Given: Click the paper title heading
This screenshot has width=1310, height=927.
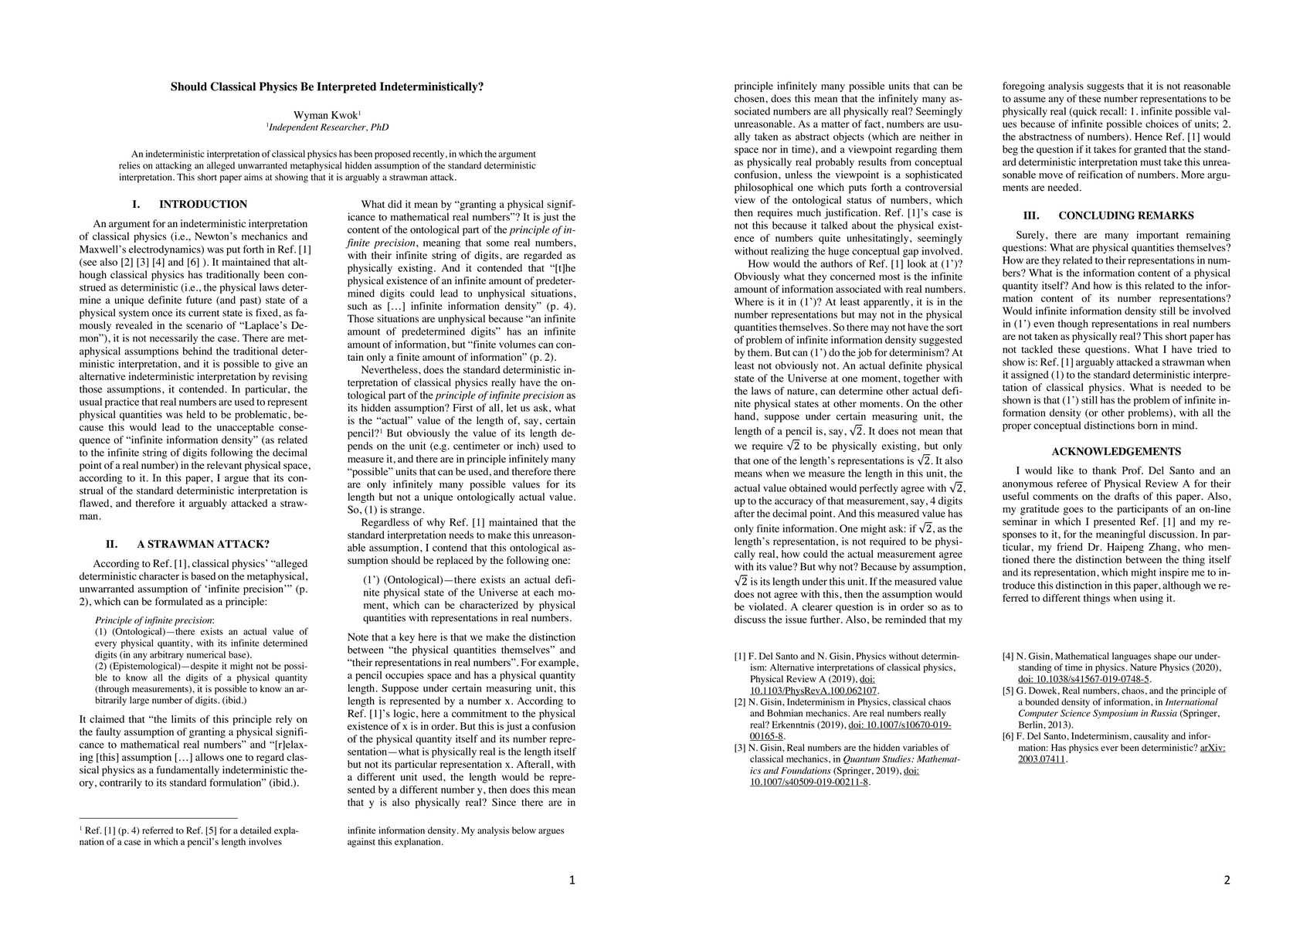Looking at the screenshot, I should (327, 87).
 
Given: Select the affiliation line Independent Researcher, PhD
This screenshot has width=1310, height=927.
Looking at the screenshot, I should (327, 127).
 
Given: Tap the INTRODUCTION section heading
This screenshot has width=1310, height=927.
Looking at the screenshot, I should (202, 205).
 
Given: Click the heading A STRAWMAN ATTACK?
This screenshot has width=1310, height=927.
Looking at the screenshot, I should (202, 544).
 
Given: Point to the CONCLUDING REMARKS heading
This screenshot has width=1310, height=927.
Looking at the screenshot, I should (1125, 216).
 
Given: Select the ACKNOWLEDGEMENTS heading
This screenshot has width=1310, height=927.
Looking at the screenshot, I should (1116, 451).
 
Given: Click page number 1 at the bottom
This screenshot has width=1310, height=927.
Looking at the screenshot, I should (572, 880).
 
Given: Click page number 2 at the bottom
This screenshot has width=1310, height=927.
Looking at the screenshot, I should (1227, 880).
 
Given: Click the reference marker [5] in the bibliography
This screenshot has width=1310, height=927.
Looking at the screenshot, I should (1009, 691).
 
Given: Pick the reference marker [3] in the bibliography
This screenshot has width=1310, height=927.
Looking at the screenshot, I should (740, 748).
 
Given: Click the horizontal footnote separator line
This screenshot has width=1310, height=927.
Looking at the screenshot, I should (158, 817).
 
